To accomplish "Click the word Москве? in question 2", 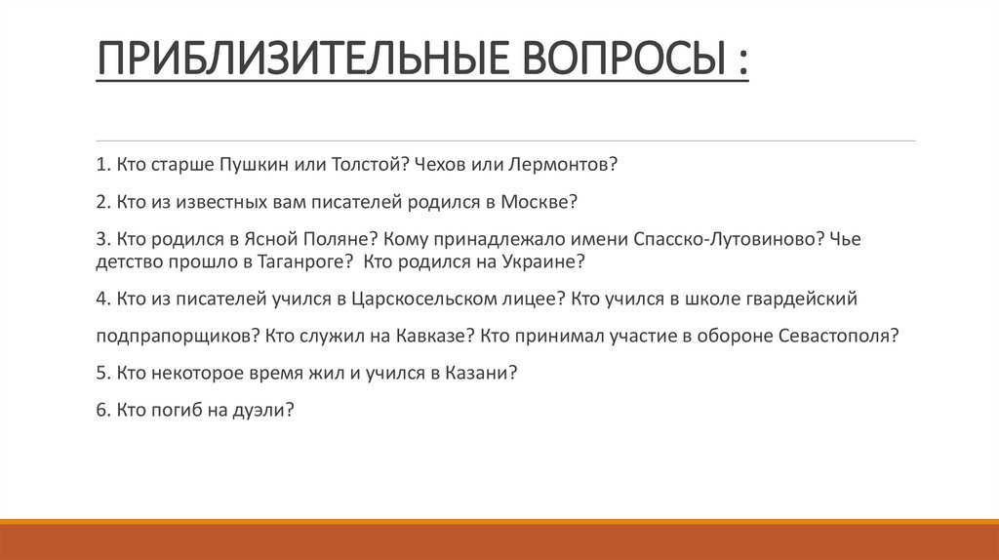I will [x=540, y=202].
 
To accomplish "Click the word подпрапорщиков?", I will [x=177, y=336].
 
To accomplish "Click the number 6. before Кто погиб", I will [x=103, y=411].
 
